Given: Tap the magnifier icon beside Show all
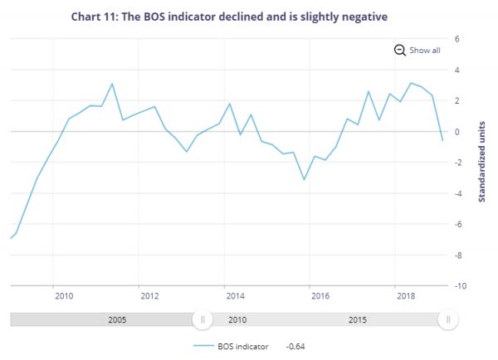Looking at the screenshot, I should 399,50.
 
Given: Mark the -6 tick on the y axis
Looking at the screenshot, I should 456,225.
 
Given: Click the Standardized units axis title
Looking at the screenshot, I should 481,163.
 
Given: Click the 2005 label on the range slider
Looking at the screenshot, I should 118,319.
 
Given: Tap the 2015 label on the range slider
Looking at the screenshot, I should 359,319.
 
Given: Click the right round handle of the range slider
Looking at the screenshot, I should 448,319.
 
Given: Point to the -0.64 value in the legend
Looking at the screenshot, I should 296,346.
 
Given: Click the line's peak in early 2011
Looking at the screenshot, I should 112,84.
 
